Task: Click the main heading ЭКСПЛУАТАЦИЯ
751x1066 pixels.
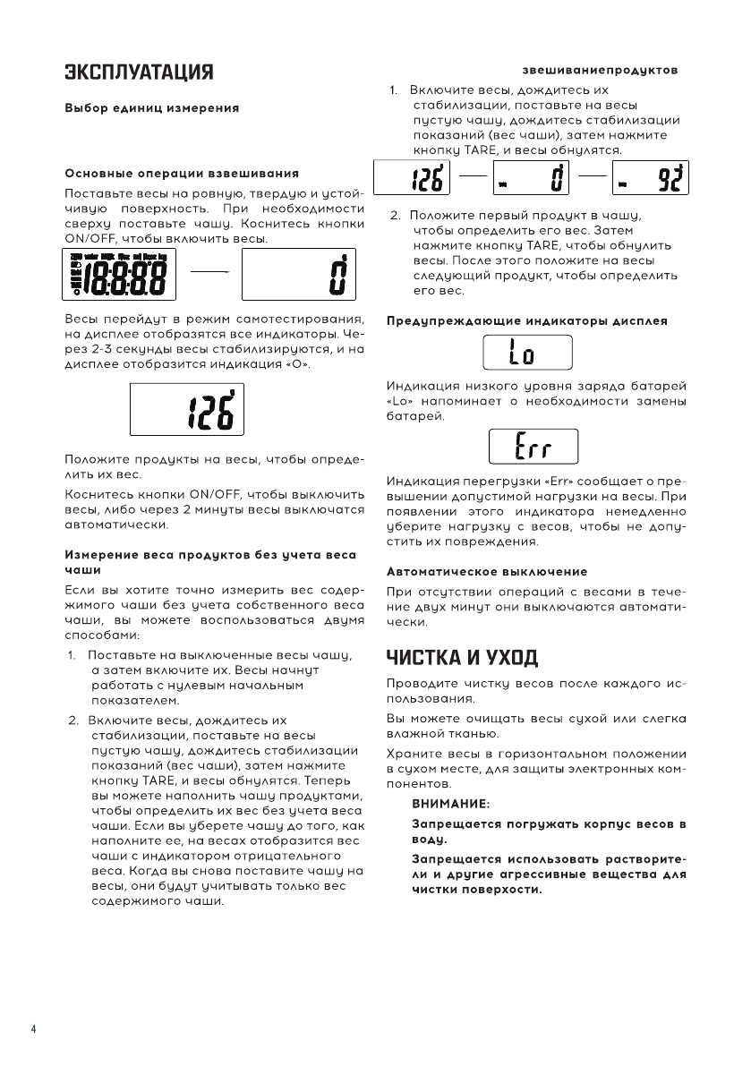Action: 138,72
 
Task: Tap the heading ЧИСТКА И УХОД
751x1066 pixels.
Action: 462,659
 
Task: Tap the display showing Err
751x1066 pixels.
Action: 533,447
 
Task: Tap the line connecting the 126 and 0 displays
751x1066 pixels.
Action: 473,176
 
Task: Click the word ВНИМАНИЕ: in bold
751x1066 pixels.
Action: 450,804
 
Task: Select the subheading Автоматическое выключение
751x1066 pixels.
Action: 487,571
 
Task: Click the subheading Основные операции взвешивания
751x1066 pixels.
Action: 182,172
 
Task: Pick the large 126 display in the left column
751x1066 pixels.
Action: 187,410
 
